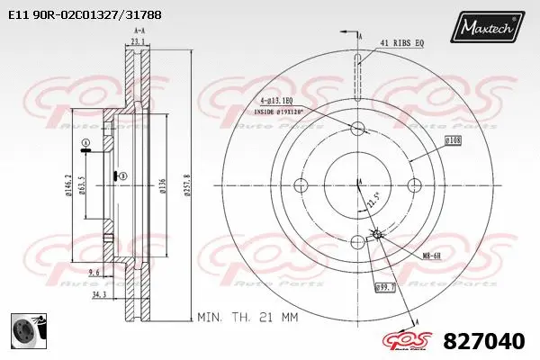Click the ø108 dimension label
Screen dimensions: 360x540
click(x=454, y=140)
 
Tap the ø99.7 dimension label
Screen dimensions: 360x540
click(x=386, y=287)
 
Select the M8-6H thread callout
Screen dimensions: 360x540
click(x=432, y=256)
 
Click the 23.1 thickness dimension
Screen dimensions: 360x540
click(x=138, y=42)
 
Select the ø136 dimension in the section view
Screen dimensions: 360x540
click(x=162, y=185)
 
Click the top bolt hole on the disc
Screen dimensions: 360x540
click(x=357, y=128)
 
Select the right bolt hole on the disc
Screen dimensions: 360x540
click(x=414, y=184)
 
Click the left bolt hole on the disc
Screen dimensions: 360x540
click(x=301, y=184)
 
